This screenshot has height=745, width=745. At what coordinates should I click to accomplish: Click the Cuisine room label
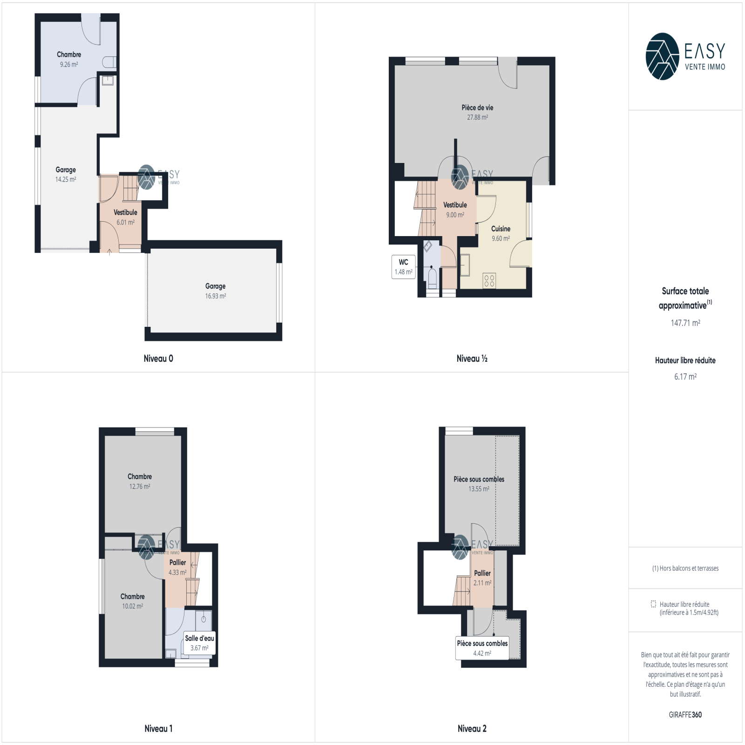tap(501, 229)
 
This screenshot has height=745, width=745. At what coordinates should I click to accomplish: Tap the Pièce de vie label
tap(477, 108)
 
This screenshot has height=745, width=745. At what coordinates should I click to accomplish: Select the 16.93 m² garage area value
tap(216, 296)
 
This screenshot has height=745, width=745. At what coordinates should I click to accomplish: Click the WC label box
tap(403, 267)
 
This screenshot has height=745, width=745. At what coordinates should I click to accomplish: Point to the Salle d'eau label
tap(199, 638)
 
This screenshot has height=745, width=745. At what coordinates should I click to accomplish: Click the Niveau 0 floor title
tap(158, 359)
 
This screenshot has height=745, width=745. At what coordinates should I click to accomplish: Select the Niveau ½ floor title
tap(472, 359)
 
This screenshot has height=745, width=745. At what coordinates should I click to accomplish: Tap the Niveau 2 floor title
tap(472, 729)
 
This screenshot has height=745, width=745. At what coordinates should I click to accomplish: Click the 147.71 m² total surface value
tap(685, 323)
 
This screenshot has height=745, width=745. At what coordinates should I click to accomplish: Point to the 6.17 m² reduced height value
tap(685, 377)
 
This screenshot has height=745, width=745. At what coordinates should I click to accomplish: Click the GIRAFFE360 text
tap(685, 715)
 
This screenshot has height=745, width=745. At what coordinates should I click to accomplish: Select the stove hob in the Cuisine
tap(489, 280)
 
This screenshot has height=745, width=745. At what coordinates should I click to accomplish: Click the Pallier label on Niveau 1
tap(177, 562)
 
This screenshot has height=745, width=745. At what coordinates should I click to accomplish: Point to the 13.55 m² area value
tap(479, 489)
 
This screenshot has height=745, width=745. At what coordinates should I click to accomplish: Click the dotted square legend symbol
tap(653, 604)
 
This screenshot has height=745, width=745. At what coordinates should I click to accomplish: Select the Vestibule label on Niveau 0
tap(125, 212)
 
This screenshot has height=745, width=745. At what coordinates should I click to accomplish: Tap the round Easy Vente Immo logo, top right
tap(662, 56)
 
